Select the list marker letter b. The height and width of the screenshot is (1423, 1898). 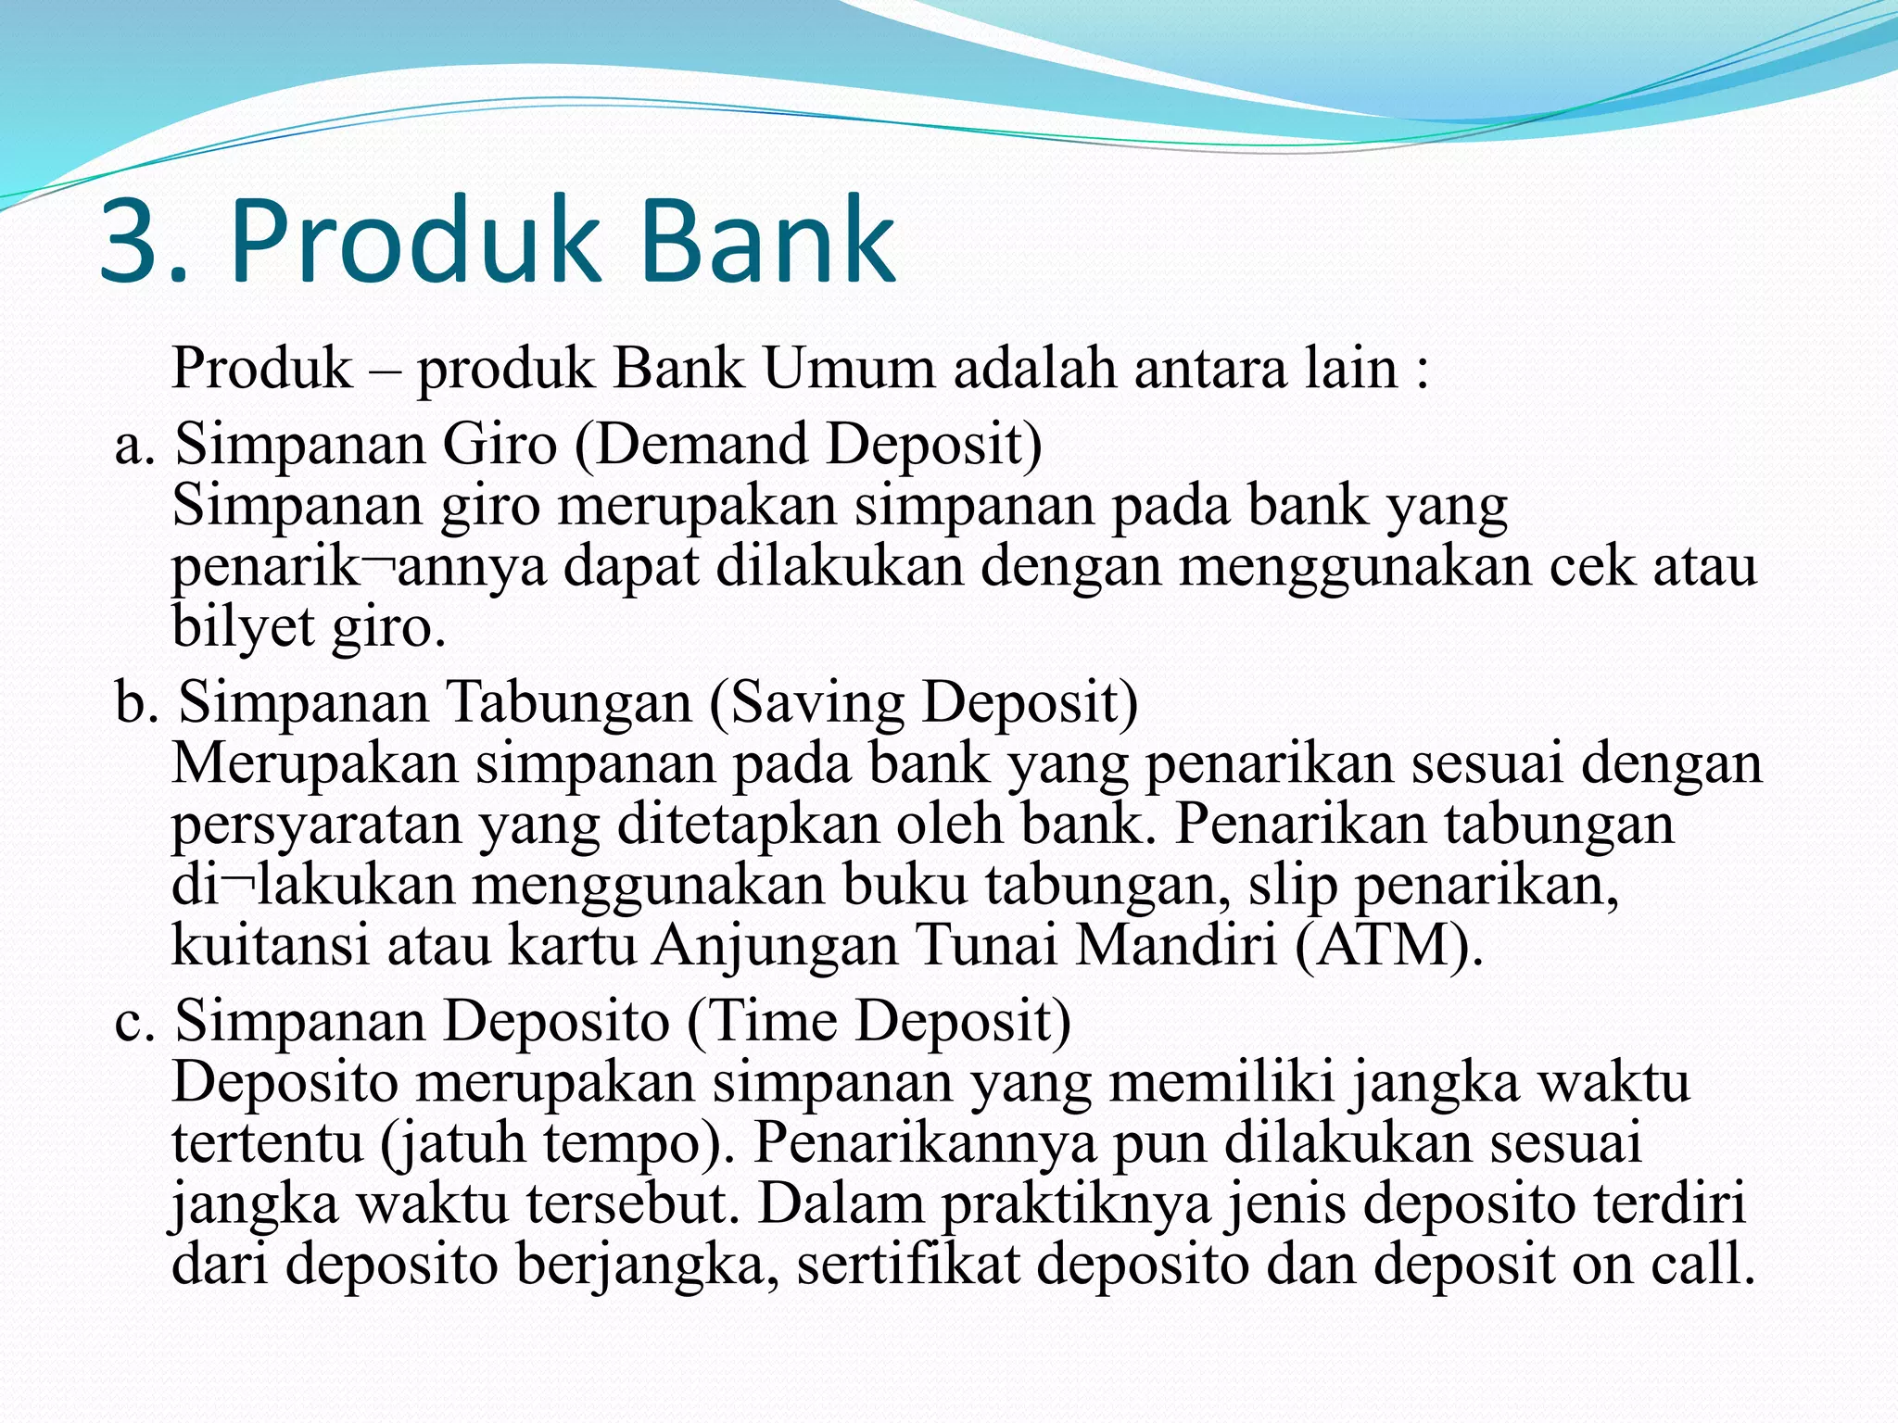[133, 701]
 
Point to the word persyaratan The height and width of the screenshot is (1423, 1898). [316, 825]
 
